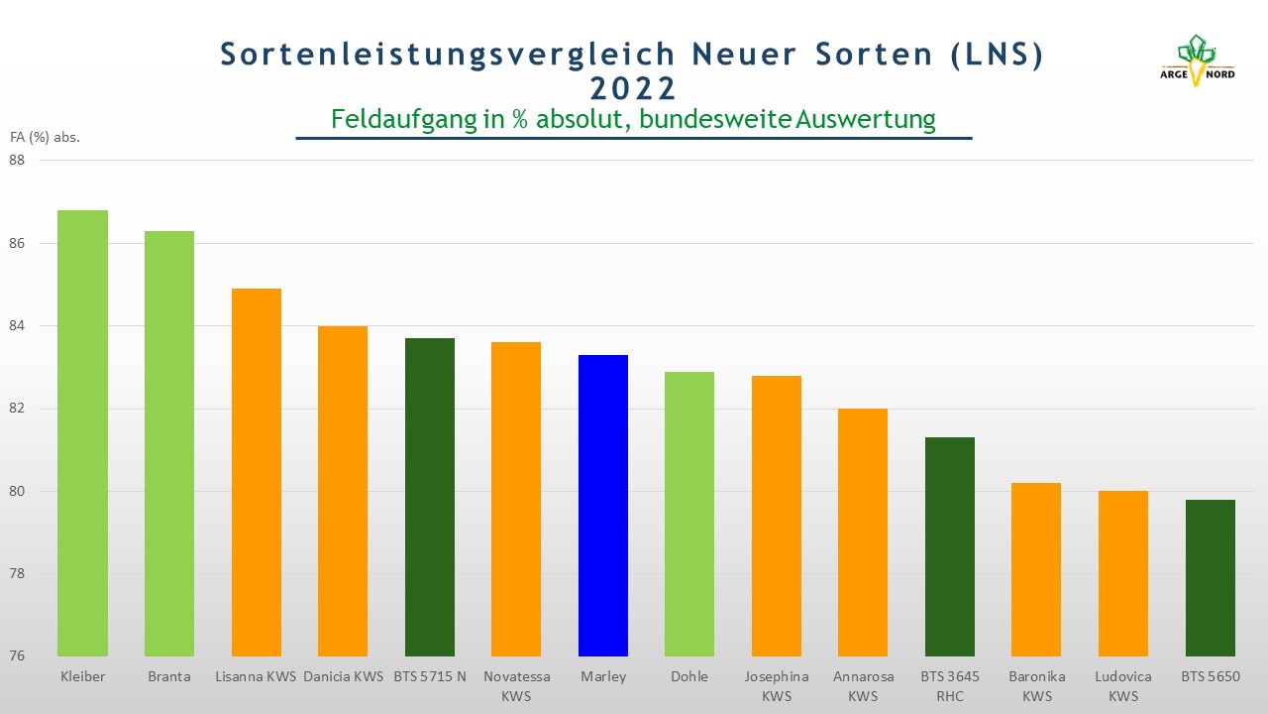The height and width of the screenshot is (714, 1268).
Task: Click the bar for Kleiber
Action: pos(82,433)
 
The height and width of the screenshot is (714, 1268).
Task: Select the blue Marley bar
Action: pos(603,506)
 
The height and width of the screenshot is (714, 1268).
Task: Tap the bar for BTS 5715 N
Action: pos(430,497)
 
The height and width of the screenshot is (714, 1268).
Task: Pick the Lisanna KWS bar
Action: pos(257,472)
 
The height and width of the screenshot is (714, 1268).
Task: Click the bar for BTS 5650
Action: pos(1211,578)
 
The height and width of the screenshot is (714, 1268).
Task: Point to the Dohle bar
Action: pos(689,514)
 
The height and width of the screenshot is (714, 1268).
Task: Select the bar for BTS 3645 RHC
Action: pos(950,546)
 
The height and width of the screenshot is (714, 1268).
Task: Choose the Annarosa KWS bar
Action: pos(863,533)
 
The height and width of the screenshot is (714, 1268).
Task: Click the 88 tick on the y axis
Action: pos(17,161)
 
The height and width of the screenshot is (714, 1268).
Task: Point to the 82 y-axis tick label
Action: pos(17,409)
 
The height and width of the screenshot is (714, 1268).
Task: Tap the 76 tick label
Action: pos(17,656)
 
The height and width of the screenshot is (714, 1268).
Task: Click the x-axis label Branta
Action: pos(169,676)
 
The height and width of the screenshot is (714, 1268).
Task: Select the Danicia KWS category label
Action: pos(343,676)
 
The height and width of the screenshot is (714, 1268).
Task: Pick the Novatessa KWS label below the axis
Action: pos(516,686)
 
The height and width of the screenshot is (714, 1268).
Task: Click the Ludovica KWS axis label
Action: pos(1123,686)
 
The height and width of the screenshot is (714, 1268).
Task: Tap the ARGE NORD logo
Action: pos(1197,60)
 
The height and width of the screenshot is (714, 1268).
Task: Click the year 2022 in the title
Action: pos(633,89)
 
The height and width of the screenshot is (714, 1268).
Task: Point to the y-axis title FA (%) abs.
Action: pos(46,137)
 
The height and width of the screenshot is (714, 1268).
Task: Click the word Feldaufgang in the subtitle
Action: pos(404,120)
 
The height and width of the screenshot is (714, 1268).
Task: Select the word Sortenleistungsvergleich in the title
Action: pos(447,55)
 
